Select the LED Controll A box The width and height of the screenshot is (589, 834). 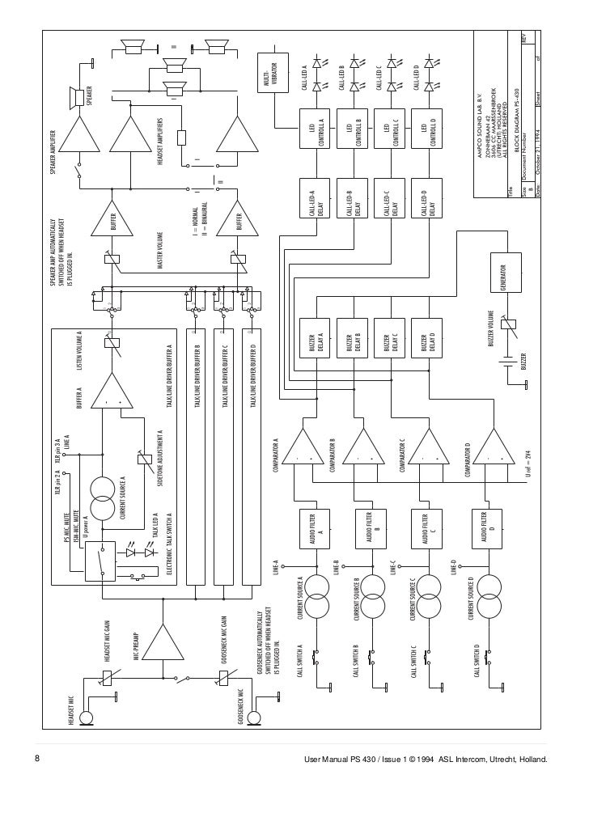point(318,129)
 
